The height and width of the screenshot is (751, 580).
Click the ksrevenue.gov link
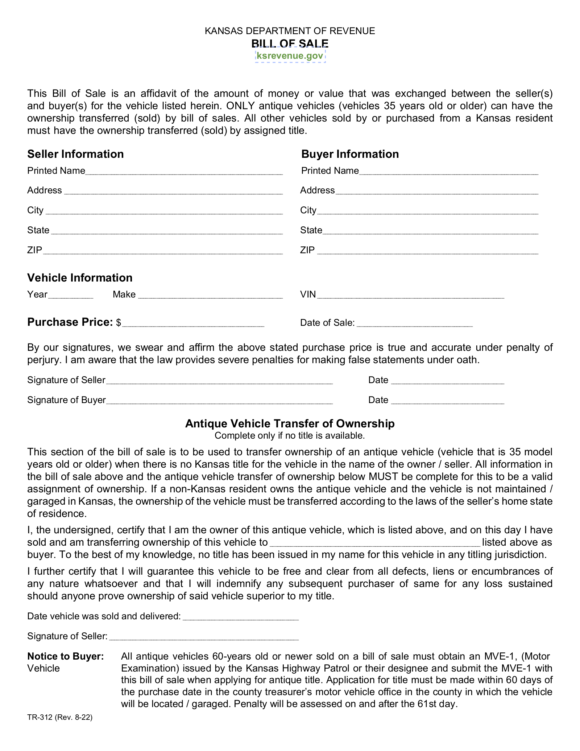[290, 56]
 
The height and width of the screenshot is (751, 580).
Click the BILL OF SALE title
[290, 43]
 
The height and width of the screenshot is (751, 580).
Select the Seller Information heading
[75, 154]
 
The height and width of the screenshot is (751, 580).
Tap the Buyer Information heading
[350, 154]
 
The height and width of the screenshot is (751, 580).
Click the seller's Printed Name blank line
[184, 172]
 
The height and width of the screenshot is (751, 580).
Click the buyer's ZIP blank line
[428, 251]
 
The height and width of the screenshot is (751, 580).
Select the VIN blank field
[411, 295]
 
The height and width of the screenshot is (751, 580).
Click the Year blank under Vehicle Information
[71, 295]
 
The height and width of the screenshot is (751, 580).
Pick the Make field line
[210, 295]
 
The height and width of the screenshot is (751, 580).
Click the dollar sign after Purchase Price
[119, 323]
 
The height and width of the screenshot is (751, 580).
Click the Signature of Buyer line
[220, 401]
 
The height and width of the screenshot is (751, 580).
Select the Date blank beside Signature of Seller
[448, 381]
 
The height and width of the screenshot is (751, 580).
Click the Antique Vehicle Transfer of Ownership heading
[290, 423]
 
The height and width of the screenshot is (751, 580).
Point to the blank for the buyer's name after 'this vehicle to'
[376, 543]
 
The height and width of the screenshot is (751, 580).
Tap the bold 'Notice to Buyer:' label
[66, 656]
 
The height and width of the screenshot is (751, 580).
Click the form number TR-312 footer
[60, 717]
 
